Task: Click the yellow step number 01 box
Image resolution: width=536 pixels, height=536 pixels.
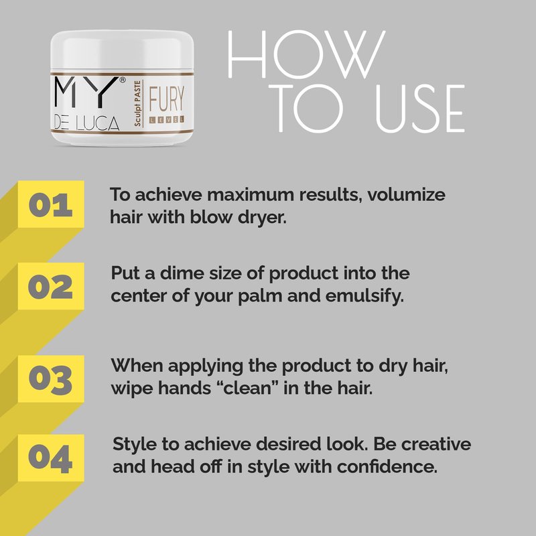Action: pos(51,204)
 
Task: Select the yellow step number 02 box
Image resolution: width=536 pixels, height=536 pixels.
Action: pos(51,286)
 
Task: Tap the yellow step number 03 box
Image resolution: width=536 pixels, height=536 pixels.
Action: pos(51,379)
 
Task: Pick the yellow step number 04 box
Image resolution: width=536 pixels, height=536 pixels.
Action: pos(51,458)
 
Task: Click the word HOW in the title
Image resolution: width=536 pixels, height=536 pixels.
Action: pos(307,54)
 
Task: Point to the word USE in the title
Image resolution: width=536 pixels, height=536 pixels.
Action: pos(420,109)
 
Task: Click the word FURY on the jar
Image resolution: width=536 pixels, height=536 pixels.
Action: pos(166,98)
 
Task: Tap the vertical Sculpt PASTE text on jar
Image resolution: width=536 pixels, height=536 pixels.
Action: pos(137,103)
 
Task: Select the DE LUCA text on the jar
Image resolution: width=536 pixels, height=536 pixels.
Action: pos(87,123)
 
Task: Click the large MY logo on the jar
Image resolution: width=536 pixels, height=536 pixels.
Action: pos(84,91)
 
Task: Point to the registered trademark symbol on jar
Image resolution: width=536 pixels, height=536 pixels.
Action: pos(122,80)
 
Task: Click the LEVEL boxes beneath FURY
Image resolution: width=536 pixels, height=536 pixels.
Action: pos(166,119)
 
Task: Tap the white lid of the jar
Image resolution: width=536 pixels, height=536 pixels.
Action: pos(122,52)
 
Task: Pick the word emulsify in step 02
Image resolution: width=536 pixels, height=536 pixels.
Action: pos(364,296)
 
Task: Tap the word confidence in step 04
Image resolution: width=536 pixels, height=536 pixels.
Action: pos(387,466)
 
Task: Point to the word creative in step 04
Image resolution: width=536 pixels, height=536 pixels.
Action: pos(436,444)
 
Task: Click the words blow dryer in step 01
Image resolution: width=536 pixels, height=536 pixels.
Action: pos(238,217)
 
